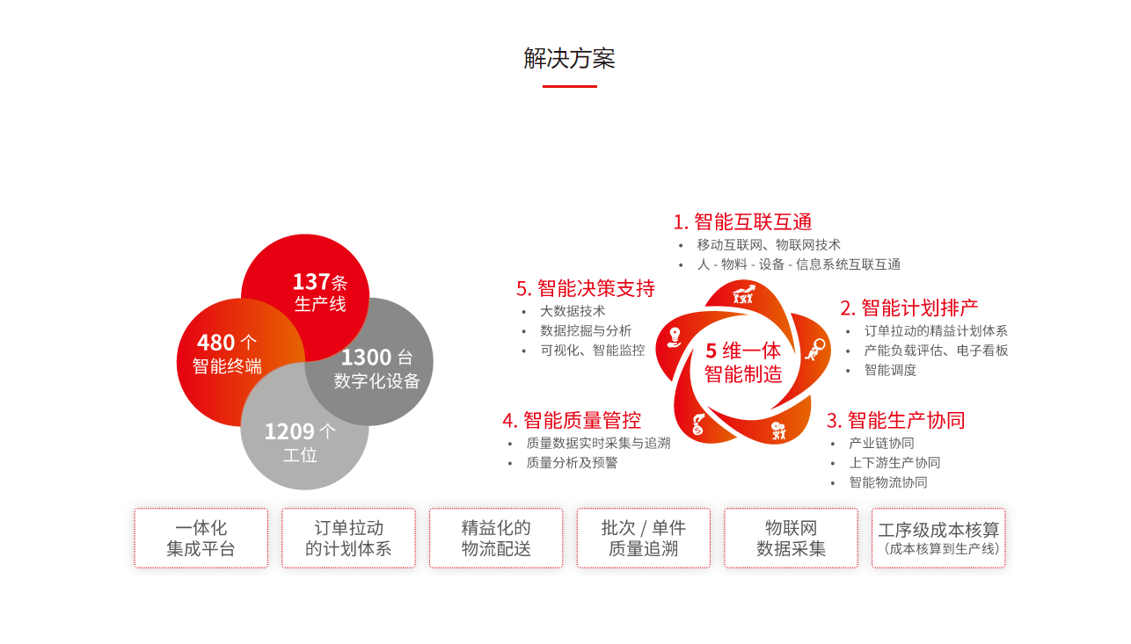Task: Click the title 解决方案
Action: (x=569, y=59)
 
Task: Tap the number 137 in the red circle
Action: (x=311, y=282)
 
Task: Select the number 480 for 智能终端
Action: (x=215, y=343)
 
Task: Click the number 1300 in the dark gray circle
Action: (x=366, y=358)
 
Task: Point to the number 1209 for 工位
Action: (x=289, y=431)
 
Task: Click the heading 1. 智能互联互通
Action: (x=742, y=221)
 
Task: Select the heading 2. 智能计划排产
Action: (x=908, y=308)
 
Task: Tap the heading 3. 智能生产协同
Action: (x=895, y=420)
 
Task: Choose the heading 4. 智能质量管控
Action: (x=572, y=420)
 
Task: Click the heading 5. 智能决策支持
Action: (x=585, y=288)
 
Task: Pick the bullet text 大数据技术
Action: (x=573, y=311)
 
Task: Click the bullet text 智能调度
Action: (x=890, y=370)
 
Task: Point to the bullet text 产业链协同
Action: (x=881, y=443)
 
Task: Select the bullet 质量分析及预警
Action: (x=572, y=462)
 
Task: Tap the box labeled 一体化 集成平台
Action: (x=201, y=539)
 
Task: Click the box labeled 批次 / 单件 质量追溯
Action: (x=644, y=539)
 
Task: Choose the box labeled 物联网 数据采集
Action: (x=791, y=539)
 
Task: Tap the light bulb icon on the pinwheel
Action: (x=675, y=336)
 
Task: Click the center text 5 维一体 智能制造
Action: (x=743, y=362)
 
